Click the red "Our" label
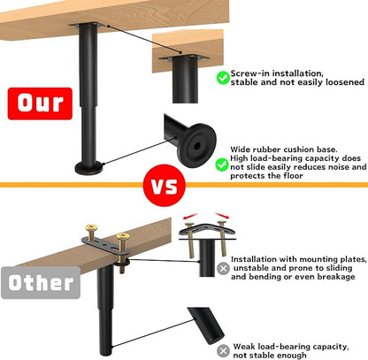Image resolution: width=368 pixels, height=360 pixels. [40, 103]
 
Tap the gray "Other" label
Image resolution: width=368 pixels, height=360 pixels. [41, 283]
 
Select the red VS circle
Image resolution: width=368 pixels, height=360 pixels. [165, 186]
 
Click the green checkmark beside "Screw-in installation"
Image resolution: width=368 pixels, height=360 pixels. [223, 78]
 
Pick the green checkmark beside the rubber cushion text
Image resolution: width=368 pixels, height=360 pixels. [222, 165]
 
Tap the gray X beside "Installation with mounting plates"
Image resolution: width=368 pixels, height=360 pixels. [223, 268]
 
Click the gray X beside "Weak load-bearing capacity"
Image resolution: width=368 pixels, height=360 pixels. [223, 351]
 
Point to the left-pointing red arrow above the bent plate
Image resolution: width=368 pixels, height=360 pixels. [190, 216]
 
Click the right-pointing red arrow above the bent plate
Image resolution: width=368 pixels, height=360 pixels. [222, 215]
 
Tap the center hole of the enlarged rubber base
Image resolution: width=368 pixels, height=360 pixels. [197, 145]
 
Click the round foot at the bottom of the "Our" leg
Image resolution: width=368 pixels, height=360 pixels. [89, 168]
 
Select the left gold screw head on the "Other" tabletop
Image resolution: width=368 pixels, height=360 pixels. [91, 228]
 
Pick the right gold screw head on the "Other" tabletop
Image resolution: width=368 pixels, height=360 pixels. [123, 236]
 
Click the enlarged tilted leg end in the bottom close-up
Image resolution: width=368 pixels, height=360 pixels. [206, 326]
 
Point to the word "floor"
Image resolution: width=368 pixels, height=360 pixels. [293, 176]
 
